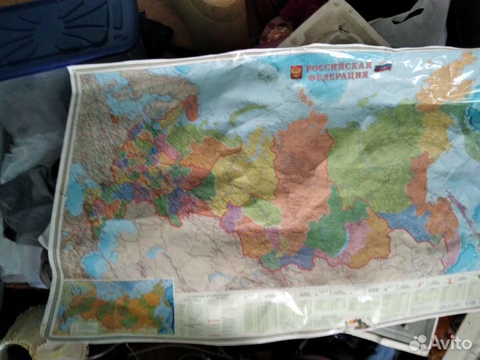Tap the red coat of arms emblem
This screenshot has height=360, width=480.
pos(295,73)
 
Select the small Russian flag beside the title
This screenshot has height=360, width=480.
pos(383,67)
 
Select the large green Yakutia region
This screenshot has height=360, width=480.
pos(373,160)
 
